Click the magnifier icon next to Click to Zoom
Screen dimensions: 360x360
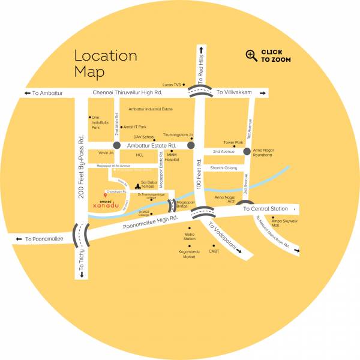coord(251,56)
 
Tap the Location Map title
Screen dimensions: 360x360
coord(105,64)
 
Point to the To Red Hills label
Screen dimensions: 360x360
coord(202,66)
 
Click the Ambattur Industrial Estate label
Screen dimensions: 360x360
coord(151,109)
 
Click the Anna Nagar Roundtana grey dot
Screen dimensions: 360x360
coord(247,152)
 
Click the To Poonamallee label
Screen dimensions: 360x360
coord(45,239)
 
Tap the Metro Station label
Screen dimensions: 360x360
coord(190,236)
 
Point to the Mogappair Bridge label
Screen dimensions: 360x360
coord(181,205)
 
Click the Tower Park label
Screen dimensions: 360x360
coord(233,143)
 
